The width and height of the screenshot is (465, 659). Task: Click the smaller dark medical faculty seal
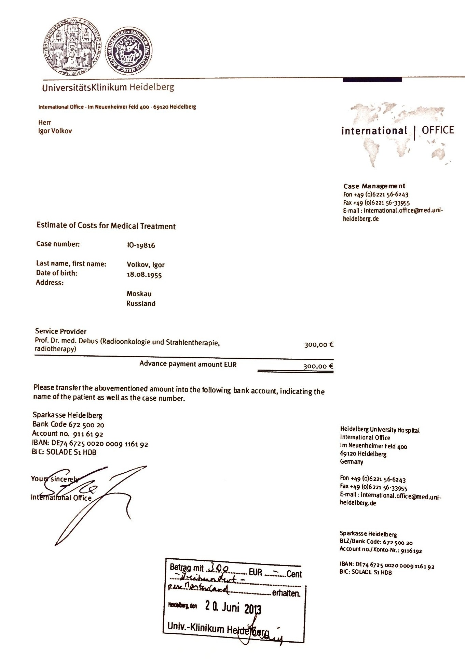[128, 50]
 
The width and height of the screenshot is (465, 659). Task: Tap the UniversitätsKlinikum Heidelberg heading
[108, 87]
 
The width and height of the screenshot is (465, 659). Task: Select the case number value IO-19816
[141, 245]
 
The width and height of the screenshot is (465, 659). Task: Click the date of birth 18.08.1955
[144, 275]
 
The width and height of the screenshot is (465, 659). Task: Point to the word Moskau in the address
[139, 293]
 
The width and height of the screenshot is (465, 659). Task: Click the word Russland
[141, 303]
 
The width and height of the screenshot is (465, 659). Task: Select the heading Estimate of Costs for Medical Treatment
[106, 226]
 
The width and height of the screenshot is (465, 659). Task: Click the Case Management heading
[374, 186]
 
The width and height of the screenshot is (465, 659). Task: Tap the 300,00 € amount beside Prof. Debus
[318, 345]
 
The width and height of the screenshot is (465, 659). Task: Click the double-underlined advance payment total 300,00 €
[318, 366]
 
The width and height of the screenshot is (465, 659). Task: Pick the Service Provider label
[61, 331]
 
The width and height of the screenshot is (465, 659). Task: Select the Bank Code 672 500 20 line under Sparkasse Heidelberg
[68, 425]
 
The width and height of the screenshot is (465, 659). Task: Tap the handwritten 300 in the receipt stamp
[220, 568]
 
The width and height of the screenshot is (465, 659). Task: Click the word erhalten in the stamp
[286, 593]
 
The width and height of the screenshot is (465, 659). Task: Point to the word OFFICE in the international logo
[438, 130]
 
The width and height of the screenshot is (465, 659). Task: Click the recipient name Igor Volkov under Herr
[55, 131]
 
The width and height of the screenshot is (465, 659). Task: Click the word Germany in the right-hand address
[352, 462]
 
